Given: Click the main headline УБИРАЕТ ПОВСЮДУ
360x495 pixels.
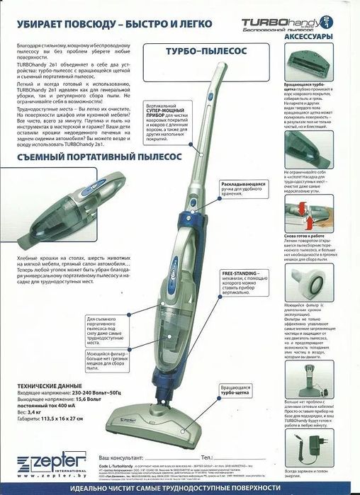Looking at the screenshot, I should point(106,24).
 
